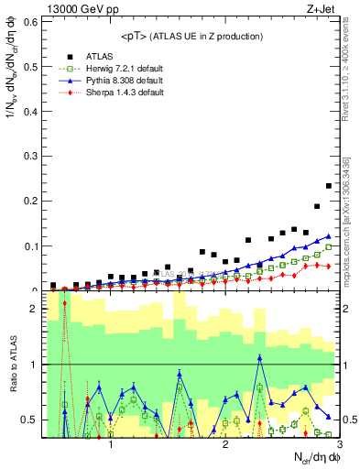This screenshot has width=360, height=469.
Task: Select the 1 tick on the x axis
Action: pos(111,444)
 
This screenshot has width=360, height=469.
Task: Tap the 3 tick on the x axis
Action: pos(339,444)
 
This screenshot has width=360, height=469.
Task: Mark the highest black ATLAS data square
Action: pos(328,186)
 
